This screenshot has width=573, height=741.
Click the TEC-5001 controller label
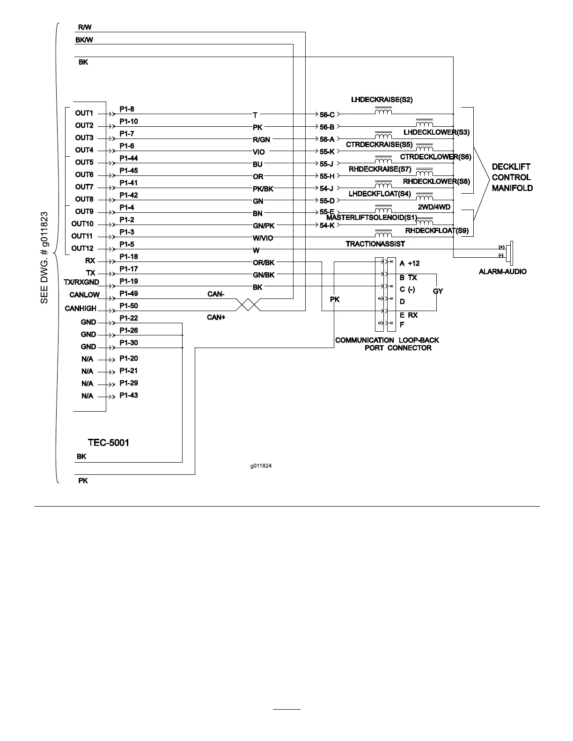[x=108, y=442]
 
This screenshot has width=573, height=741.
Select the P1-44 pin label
[x=128, y=159]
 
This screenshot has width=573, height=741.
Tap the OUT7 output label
[x=84, y=187]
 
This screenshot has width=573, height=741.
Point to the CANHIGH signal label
[x=81, y=308]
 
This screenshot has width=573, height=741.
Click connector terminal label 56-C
[x=327, y=115]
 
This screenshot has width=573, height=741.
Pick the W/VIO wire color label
[x=263, y=238]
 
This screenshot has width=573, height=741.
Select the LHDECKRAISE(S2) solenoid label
[x=382, y=100]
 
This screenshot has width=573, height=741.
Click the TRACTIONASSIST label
[x=375, y=244]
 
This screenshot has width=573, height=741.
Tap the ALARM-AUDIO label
[x=502, y=271]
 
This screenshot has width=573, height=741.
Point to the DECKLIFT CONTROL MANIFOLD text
[x=512, y=177]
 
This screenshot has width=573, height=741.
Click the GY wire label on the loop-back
[x=438, y=291]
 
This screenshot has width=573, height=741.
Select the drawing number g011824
[x=261, y=466]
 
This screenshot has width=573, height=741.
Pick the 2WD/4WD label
[x=434, y=206]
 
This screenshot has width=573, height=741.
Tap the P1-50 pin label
[x=128, y=306]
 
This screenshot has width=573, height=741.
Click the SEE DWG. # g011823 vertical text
[x=44, y=257]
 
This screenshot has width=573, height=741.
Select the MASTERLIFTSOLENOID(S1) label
[x=371, y=218]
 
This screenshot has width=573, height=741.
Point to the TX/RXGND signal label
[x=81, y=282]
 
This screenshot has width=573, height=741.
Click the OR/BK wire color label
[x=264, y=263]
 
